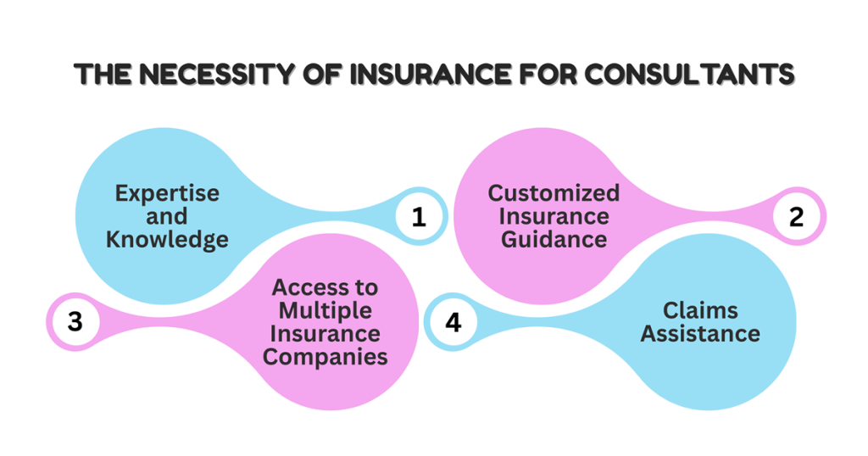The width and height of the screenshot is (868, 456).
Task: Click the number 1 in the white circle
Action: (x=419, y=217)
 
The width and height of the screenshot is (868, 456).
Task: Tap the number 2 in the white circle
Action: (x=796, y=217)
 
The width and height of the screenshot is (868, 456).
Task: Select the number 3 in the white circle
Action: (x=75, y=322)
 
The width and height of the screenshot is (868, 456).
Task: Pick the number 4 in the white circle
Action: (x=453, y=322)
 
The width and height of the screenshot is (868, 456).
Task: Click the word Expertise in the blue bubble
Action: (x=167, y=193)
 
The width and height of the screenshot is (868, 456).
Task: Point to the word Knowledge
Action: (x=167, y=239)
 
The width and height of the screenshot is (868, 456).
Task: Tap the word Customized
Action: (x=554, y=193)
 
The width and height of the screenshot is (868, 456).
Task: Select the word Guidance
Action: (x=554, y=239)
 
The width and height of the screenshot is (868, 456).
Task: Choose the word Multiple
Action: (x=325, y=311)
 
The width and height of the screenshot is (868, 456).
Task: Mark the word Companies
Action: (x=325, y=356)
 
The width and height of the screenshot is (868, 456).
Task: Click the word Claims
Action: (x=700, y=310)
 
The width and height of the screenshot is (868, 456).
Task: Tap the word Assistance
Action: (x=700, y=333)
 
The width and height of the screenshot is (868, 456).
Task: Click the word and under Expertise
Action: (x=167, y=216)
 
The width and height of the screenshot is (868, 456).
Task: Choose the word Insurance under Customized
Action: (x=554, y=216)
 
